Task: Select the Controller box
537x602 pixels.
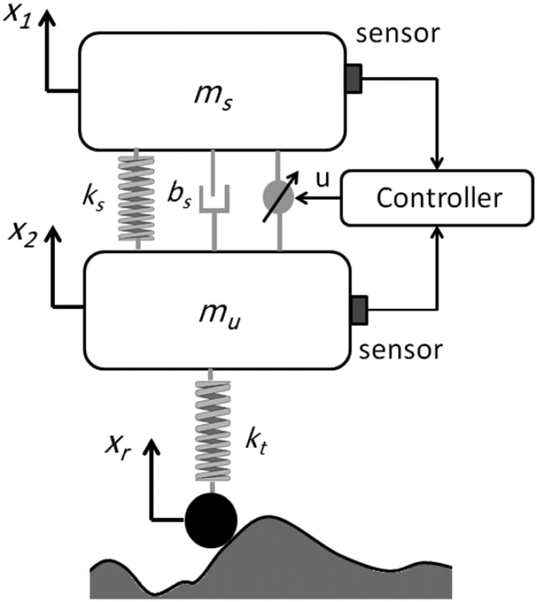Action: pos(438,198)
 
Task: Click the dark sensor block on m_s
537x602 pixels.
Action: pos(353,78)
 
